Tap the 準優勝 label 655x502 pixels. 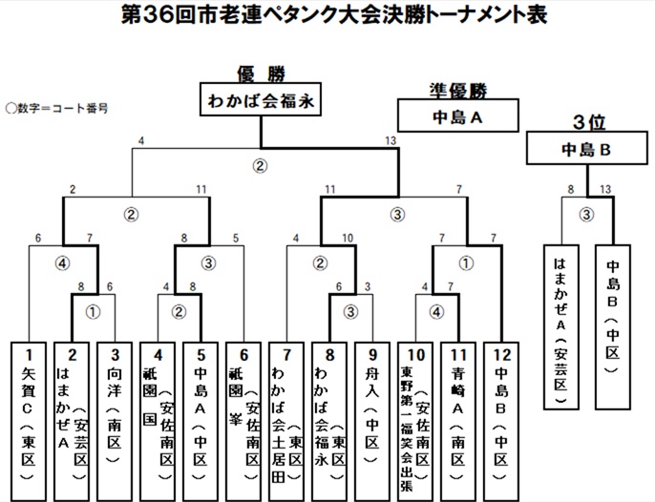point(457,92)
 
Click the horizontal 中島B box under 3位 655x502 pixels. point(586,149)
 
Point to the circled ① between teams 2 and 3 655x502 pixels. point(94,310)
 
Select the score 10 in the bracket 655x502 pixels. point(350,238)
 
